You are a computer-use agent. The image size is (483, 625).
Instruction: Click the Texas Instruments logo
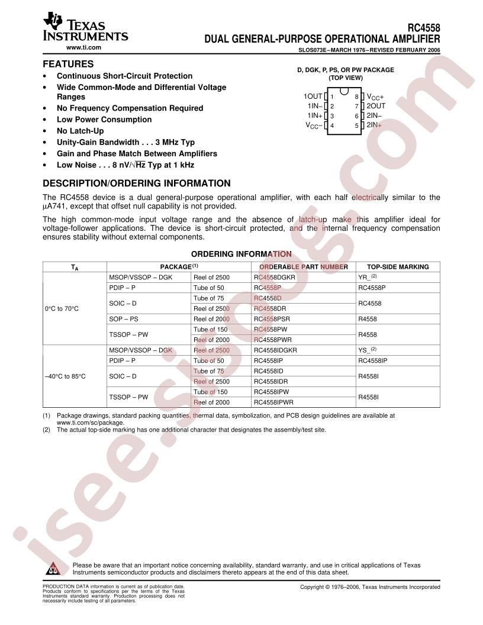85,29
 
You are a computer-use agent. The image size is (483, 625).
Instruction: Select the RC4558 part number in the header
424,27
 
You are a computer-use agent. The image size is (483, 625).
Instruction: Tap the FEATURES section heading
68,63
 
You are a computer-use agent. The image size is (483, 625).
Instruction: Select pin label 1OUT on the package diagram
313,96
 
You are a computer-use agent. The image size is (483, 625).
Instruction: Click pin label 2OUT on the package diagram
376,105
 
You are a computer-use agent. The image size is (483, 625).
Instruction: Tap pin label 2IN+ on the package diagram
374,125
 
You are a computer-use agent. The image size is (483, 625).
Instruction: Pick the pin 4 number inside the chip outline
332,125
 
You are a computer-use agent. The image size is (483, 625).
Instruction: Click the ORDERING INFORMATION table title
241,254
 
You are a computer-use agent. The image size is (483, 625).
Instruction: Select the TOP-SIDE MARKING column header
398,267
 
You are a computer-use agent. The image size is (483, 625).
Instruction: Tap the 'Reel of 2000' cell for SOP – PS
211,319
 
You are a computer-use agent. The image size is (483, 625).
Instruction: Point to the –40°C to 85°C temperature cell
65,376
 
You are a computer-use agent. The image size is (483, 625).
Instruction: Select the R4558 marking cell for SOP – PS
368,319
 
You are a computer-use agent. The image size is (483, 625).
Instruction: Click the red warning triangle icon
53,569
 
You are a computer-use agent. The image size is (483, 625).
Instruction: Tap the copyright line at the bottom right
370,587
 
